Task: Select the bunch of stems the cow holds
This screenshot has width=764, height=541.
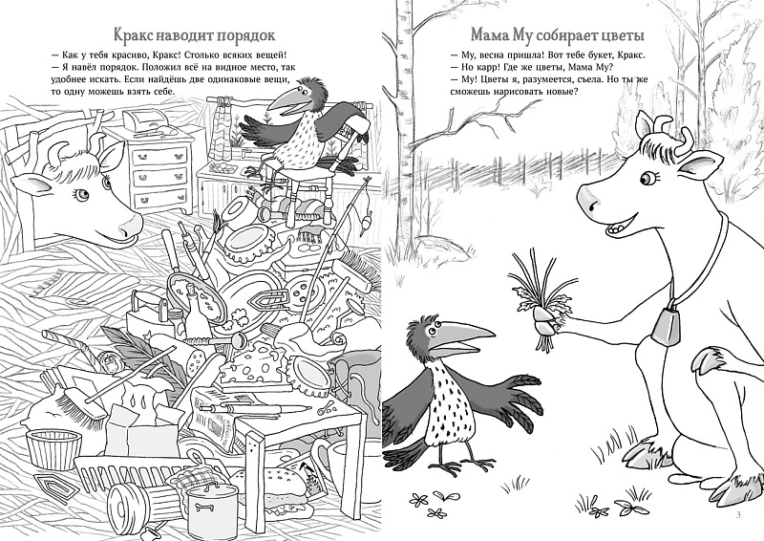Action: pos(536,298)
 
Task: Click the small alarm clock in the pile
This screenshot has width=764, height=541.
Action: pos(108,361)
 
